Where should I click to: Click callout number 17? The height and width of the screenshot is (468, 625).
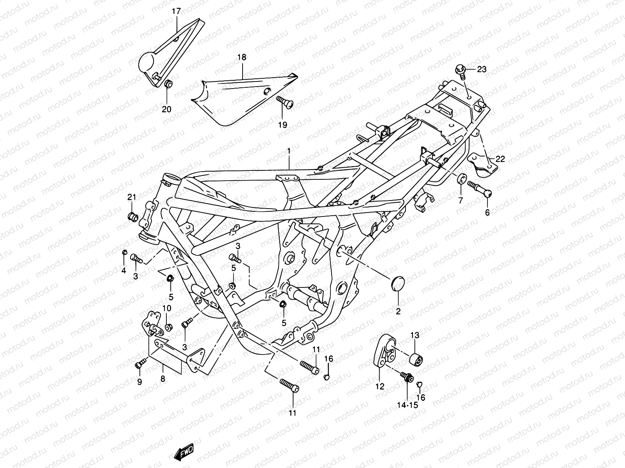pyautogui.click(x=177, y=11)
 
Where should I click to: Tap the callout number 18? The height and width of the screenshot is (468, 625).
pyautogui.click(x=242, y=57)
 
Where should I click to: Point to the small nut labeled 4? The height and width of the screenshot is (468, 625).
pyautogui.click(x=124, y=253)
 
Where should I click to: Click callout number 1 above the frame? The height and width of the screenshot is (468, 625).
pyautogui.click(x=289, y=151)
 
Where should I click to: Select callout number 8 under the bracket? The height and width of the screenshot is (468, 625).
pyautogui.click(x=162, y=379)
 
